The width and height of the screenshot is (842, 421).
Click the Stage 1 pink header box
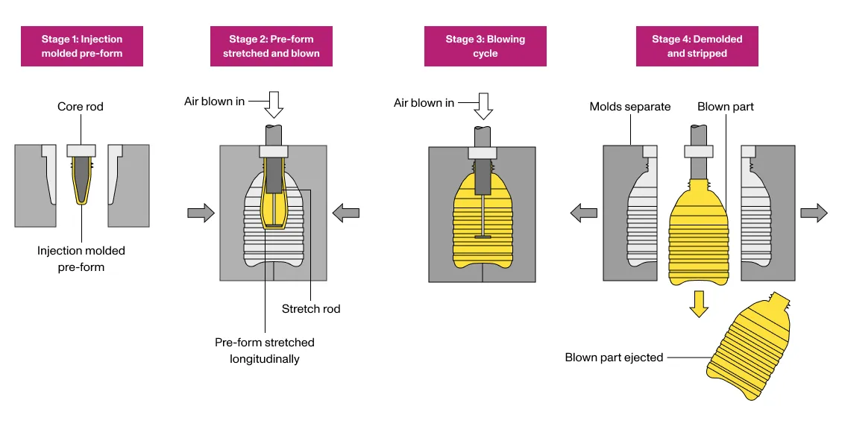(82, 46)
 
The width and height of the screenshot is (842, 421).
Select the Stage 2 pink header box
(271, 46)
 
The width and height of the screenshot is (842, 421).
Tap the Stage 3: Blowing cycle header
(485, 46)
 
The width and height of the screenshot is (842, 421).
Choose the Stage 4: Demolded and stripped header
(697, 46)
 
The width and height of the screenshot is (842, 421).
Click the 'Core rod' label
(81, 107)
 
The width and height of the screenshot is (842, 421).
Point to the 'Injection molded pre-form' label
(81, 258)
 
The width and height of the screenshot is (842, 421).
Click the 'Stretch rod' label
(311, 308)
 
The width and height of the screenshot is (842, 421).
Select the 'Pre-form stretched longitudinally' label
(265, 350)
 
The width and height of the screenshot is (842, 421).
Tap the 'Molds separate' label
(629, 107)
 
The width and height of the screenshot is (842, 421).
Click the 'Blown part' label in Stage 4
(725, 107)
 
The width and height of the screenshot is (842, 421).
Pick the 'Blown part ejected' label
(614, 358)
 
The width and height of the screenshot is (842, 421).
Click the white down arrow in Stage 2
(274, 105)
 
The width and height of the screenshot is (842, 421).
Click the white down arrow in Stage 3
(484, 105)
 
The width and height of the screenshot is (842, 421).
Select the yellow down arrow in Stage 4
(698, 303)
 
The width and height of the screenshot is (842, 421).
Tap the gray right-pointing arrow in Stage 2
(201, 213)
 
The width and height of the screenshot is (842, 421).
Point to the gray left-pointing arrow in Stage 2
(345, 213)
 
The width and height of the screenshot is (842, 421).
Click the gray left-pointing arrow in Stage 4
(584, 213)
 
